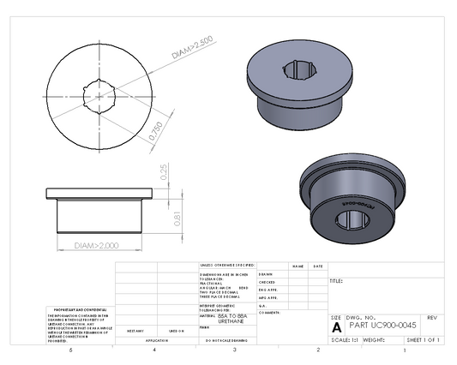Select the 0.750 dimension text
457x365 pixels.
point(155,129)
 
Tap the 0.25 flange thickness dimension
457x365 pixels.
point(163,172)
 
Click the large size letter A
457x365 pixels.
point(336,326)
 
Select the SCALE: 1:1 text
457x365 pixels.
point(345,340)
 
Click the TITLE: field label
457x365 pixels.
point(336,280)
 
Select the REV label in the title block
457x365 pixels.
point(431,317)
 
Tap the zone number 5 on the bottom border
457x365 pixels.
point(71,350)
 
